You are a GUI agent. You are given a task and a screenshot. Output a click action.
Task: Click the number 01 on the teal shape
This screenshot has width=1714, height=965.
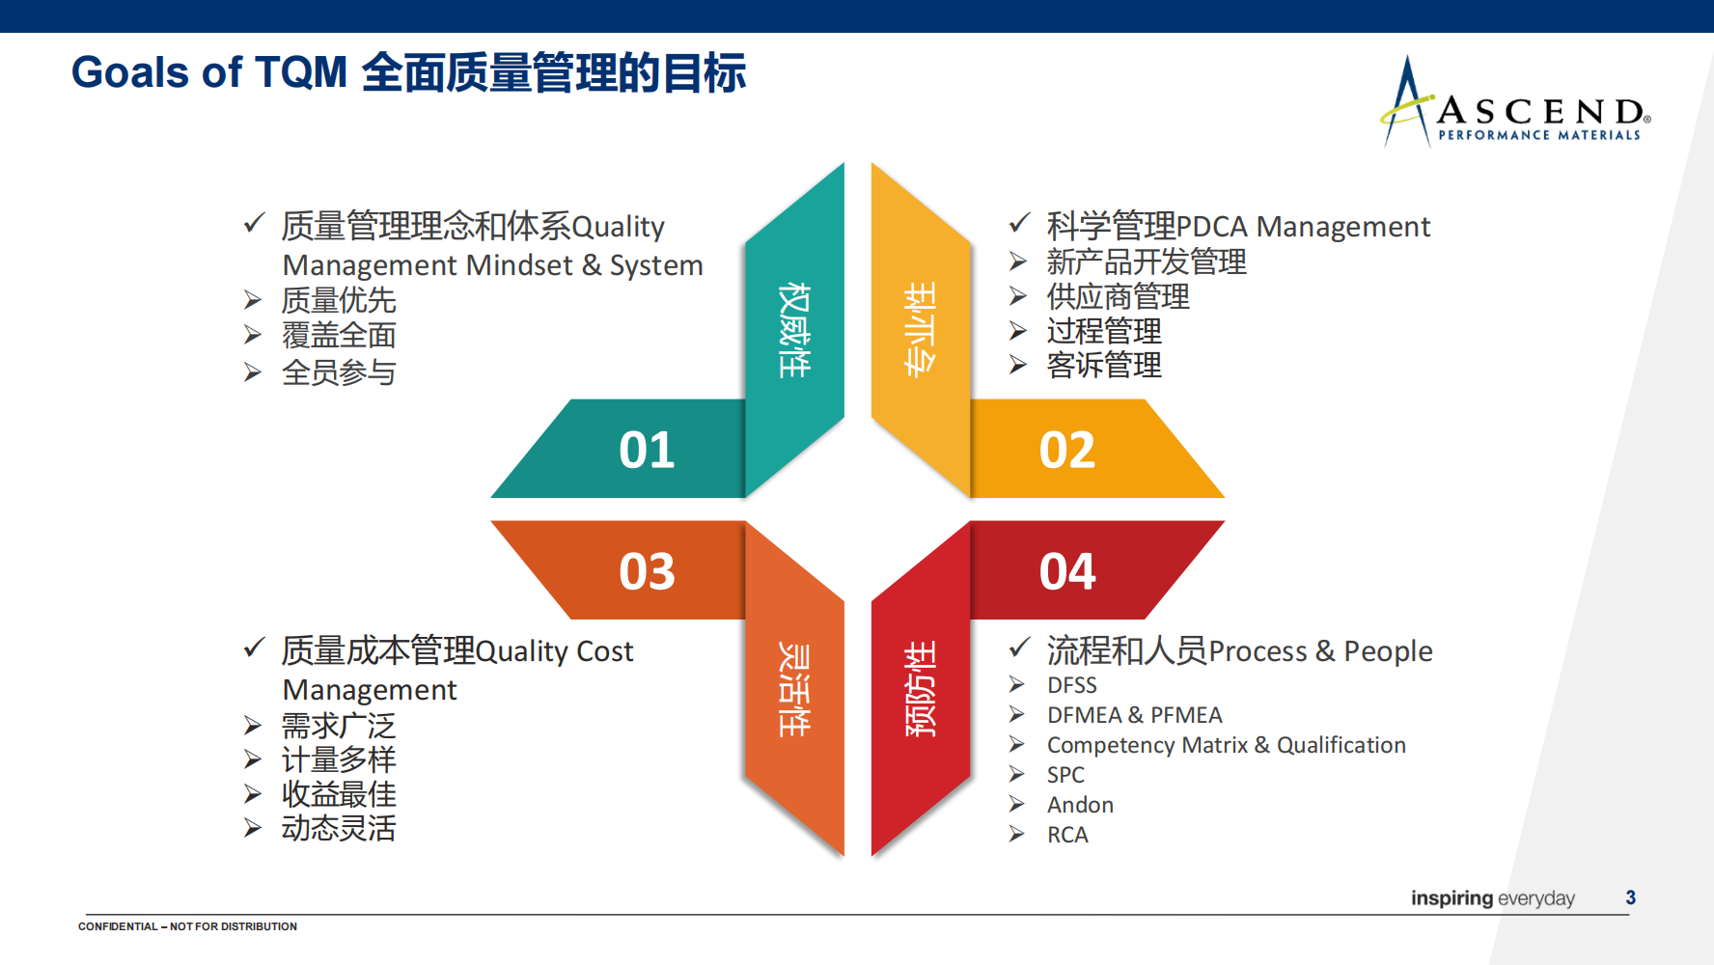(x=647, y=451)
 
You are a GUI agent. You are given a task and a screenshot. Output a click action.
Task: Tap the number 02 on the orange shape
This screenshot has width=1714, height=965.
(x=1067, y=451)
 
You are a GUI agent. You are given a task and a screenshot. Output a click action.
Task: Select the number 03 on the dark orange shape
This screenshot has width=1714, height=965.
(x=647, y=571)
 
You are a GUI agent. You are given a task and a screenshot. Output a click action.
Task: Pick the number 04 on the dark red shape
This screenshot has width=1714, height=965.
(x=1067, y=571)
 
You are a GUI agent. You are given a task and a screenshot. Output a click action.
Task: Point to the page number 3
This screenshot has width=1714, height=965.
(x=1630, y=897)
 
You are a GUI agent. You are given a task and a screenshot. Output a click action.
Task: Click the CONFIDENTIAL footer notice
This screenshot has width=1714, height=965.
(x=187, y=926)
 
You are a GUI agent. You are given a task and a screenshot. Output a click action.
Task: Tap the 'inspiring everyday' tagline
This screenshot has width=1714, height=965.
(x=1492, y=898)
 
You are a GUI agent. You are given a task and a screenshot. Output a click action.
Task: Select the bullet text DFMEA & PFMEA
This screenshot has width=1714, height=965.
(x=1134, y=715)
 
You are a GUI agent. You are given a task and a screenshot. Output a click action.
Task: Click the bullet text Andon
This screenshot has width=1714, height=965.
(x=1080, y=805)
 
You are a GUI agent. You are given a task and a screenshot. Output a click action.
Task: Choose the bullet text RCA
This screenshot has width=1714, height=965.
(x=1067, y=835)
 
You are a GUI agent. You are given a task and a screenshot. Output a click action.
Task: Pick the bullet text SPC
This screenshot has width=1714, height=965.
(x=1065, y=775)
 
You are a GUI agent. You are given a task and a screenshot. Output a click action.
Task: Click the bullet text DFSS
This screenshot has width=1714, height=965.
(x=1071, y=685)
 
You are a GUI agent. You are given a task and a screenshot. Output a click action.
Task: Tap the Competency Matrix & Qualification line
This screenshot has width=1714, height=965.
(x=1226, y=745)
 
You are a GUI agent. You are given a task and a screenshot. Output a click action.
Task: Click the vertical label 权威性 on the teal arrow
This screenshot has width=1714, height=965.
(x=794, y=330)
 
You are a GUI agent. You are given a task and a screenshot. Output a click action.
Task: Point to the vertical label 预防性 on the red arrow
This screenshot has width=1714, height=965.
(x=920, y=689)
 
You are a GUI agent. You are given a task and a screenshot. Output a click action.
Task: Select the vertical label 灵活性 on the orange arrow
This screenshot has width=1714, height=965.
(x=794, y=689)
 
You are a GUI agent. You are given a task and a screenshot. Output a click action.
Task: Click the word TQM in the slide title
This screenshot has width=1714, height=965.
(x=301, y=72)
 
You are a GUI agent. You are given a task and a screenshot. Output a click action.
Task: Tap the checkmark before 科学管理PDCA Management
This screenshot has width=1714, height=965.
(x=1019, y=223)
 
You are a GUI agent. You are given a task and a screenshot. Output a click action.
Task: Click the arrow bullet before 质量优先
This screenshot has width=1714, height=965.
(x=252, y=300)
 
